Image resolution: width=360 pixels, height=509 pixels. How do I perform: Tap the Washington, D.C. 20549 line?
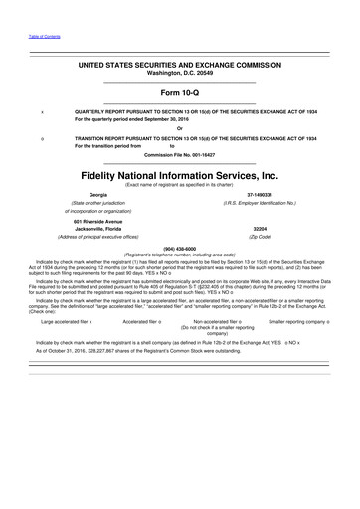point(179,75)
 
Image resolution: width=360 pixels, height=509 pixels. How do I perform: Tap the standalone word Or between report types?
point(179,128)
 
